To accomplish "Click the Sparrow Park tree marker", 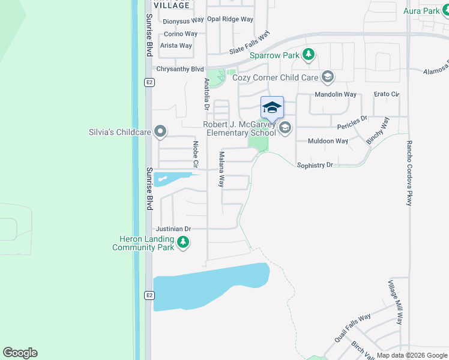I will [x=309, y=56].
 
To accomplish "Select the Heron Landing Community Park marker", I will [x=183, y=243].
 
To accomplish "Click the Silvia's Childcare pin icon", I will [x=160, y=131].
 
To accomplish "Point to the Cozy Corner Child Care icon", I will [x=327, y=77].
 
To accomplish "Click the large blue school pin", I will [x=272, y=109].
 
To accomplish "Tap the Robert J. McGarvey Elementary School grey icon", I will [x=285, y=127].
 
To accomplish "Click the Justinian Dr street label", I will [x=173, y=229].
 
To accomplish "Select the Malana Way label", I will [x=221, y=170].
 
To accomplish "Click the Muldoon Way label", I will [x=328, y=141].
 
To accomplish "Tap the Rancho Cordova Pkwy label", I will [x=409, y=173].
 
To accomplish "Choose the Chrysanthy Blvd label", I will [x=180, y=69].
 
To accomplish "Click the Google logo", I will [x=20, y=352].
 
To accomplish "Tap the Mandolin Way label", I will [x=336, y=95].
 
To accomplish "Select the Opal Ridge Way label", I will [x=230, y=19].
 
